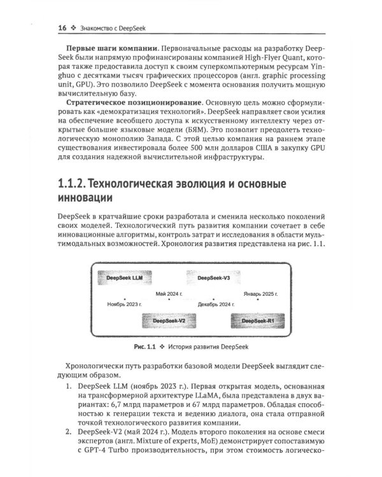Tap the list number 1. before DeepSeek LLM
point(71,386)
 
